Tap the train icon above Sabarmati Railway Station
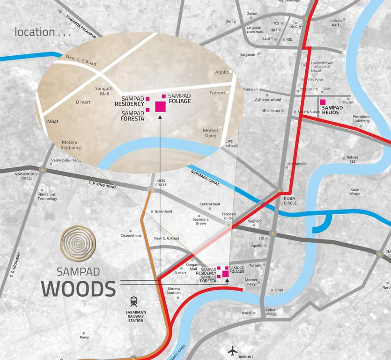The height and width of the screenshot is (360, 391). (134, 301)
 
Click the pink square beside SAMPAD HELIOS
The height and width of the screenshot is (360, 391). (323, 102)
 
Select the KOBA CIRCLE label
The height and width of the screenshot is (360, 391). (290, 200)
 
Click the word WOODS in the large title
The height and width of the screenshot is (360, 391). (78, 289)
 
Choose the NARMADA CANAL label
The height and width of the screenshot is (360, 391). (205, 178)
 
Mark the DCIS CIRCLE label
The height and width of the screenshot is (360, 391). (162, 182)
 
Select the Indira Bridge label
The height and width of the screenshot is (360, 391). (270, 312)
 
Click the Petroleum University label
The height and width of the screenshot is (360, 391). (361, 119)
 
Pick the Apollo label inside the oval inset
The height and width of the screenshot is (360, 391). (222, 72)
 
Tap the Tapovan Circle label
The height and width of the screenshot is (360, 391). (228, 216)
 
